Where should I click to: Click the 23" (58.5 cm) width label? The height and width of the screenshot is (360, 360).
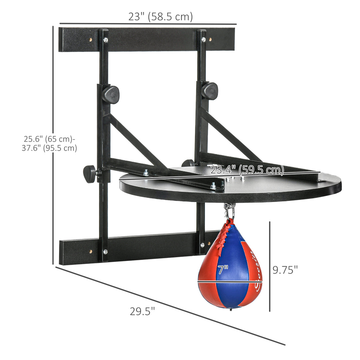click(160, 16)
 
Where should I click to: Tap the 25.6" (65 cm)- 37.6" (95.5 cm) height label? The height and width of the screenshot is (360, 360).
click(49, 143)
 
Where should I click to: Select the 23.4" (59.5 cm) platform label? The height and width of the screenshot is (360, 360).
click(247, 170)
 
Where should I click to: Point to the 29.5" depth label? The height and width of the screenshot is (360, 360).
click(142, 311)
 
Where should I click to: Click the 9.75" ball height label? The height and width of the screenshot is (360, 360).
click(285, 270)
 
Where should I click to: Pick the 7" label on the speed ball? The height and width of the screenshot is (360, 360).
click(223, 269)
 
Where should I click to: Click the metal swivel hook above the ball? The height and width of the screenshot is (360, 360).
click(229, 211)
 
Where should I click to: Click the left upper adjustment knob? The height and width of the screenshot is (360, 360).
click(110, 94)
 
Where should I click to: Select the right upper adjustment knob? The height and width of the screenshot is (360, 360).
click(209, 90)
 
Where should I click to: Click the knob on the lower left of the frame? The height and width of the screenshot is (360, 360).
click(89, 174)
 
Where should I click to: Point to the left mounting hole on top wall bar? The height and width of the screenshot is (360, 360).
click(90, 39)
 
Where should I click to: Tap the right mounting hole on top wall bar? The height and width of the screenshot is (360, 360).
click(210, 40)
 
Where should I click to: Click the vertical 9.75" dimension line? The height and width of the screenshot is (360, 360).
click(269, 267)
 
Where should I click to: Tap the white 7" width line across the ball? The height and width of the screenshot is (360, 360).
click(230, 282)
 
